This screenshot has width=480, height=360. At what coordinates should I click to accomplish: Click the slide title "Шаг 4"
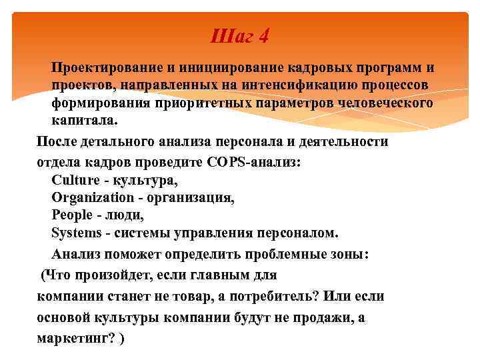coord(239,35)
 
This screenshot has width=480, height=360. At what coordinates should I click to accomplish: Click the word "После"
coord(57,142)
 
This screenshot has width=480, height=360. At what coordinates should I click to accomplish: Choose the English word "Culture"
coord(74,179)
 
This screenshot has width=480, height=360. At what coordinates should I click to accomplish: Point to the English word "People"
coord(71,216)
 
